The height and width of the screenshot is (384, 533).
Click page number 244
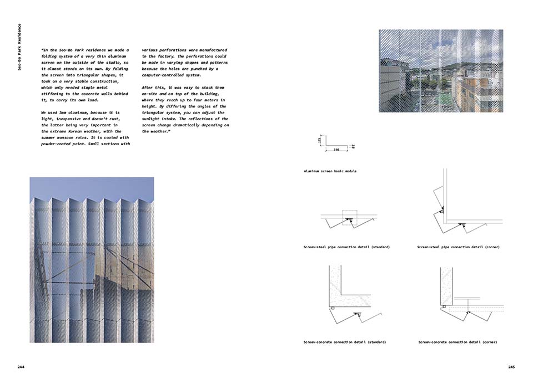(21, 367)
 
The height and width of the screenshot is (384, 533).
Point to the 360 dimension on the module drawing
(336, 150)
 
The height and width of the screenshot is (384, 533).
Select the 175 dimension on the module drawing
(320, 141)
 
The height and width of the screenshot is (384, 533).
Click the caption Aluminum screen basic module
(330, 171)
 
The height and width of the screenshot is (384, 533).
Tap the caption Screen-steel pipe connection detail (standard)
(346, 247)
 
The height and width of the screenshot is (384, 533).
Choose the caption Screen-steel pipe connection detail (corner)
(458, 247)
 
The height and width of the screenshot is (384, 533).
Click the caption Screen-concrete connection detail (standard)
(345, 342)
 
